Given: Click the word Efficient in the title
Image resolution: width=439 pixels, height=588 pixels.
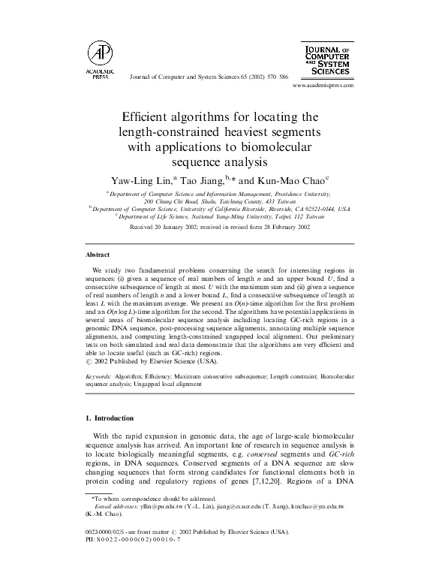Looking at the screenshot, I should point(147,117).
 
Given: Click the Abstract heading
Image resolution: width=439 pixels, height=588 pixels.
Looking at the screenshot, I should point(98,255).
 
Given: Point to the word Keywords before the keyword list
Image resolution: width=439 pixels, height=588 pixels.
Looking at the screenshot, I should point(99,374).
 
